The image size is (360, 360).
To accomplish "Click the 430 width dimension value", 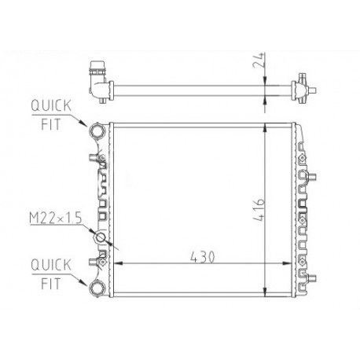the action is (x=202, y=257).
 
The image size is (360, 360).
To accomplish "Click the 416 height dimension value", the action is (x=259, y=210).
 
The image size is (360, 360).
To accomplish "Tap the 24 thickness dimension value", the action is (x=259, y=61).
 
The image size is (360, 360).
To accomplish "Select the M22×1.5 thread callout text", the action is (x=56, y=218).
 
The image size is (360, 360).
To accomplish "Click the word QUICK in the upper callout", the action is (x=51, y=105).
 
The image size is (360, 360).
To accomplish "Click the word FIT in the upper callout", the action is (x=50, y=124).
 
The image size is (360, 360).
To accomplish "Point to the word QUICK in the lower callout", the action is (x=51, y=265).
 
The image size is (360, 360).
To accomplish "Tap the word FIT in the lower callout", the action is (x=50, y=284).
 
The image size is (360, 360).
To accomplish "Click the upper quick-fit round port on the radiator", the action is (x=97, y=130).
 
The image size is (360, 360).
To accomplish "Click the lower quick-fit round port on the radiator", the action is (x=97, y=288).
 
